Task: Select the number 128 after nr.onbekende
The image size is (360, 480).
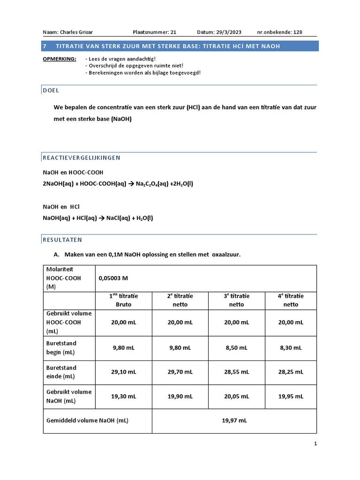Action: (x=297, y=32)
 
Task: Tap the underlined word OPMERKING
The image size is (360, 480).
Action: (x=60, y=59)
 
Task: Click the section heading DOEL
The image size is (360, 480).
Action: (x=51, y=90)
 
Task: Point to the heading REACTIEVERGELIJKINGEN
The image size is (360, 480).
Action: (x=82, y=158)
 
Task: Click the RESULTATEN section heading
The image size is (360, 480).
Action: (x=62, y=240)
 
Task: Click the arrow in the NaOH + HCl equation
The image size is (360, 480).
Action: (x=100, y=218)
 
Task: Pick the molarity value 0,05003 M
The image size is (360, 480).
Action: (x=113, y=278)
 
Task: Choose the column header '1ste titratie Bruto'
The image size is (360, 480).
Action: (x=124, y=300)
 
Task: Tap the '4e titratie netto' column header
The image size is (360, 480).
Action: (x=293, y=300)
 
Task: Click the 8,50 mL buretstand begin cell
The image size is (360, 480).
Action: (x=237, y=348)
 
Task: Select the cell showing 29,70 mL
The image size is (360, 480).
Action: (x=180, y=372)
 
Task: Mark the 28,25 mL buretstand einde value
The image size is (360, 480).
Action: (x=293, y=372)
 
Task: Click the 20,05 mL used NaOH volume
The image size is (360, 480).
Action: (x=237, y=396)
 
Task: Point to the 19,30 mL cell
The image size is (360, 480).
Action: (x=124, y=396)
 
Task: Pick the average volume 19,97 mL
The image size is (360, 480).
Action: (x=234, y=420)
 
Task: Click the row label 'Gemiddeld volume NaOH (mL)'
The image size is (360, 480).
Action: (x=87, y=420)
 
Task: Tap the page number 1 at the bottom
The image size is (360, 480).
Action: (x=315, y=443)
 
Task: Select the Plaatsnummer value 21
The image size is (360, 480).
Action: (x=173, y=32)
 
